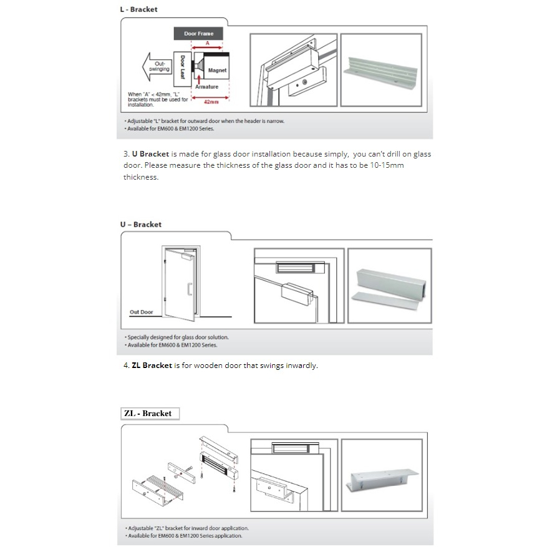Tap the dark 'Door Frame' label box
click(198, 34)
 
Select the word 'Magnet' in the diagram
click(217, 70)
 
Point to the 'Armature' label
click(206, 87)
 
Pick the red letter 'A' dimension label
click(207, 43)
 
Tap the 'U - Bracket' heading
click(140, 225)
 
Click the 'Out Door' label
click(141, 312)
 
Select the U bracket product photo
click(389, 286)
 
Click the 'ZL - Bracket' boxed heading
click(148, 414)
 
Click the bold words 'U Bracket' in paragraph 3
click(150, 154)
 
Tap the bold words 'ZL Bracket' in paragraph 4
click(152, 365)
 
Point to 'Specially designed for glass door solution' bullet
click(178, 337)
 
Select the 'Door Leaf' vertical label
click(183, 67)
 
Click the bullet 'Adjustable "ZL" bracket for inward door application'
click(188, 528)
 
